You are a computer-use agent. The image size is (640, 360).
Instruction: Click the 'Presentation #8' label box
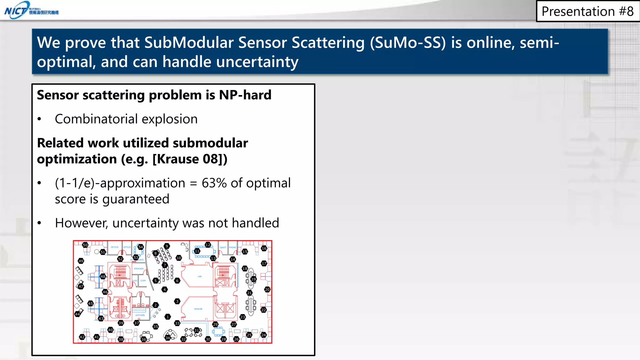[x=587, y=12]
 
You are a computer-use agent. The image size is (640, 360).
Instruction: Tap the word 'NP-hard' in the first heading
[x=245, y=95]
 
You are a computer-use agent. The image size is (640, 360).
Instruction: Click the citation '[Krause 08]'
[x=190, y=159]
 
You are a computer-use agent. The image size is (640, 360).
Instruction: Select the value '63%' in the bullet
[x=214, y=183]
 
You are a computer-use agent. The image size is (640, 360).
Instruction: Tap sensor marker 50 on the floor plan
[x=85, y=245]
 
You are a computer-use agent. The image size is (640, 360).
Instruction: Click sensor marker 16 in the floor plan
[x=264, y=248]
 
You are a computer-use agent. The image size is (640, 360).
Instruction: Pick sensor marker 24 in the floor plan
[x=264, y=335]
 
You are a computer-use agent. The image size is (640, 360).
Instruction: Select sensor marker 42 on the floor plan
[x=82, y=337]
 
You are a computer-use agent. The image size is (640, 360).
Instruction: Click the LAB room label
[x=199, y=277]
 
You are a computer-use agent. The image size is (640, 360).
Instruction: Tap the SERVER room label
[x=198, y=309]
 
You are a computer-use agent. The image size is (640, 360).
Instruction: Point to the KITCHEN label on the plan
[x=140, y=315]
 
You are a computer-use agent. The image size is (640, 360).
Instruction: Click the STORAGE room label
[x=139, y=269]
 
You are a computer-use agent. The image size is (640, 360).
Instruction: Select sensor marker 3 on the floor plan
[x=177, y=301]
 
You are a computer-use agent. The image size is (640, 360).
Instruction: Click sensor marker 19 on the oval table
[x=253, y=279]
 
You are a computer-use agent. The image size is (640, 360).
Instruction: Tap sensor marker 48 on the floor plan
[x=103, y=277]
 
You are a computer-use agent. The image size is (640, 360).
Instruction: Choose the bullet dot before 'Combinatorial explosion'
[x=39, y=119]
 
